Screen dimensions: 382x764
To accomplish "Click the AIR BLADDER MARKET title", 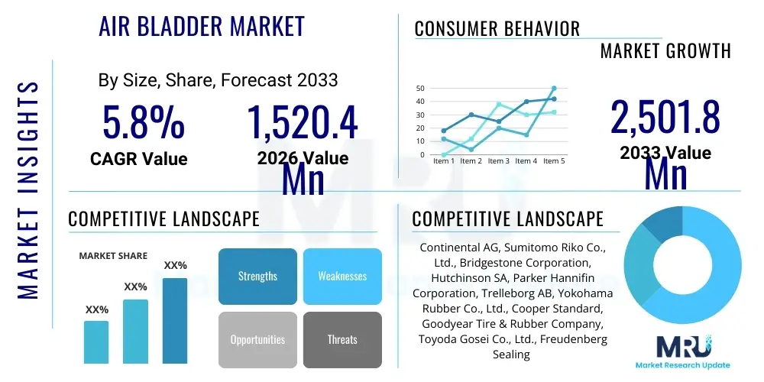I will pos(202,26).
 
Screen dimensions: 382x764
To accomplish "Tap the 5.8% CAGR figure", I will pos(144,123).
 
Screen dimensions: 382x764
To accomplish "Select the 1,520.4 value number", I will pos(302,123).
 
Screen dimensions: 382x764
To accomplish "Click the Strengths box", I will pos(257,276).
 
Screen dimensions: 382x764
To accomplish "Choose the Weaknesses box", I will pos(342,276).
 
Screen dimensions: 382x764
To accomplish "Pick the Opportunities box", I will pos(257,339).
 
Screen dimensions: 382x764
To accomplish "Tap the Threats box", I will pos(342,339).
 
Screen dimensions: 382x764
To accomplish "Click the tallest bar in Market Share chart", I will pos(175,320).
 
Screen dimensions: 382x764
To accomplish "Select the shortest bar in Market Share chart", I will pos(96,342).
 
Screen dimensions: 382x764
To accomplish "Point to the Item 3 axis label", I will pos(498,161).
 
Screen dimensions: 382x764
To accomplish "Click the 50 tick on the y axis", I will pos(419,89).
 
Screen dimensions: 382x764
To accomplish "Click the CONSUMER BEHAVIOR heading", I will pos(497,29).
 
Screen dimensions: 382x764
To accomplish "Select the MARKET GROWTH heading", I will pos(665,51).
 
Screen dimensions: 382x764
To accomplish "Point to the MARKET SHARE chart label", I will pos(113,256).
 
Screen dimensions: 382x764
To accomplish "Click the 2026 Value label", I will pos(303,158).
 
